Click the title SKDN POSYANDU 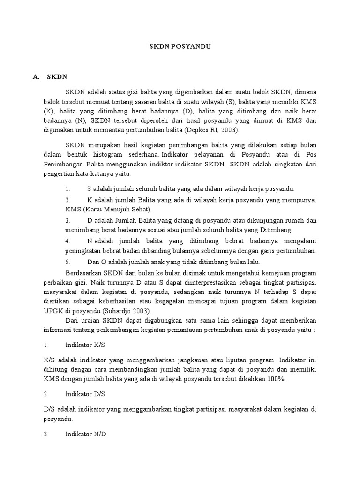click(180, 47)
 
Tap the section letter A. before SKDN click(36, 77)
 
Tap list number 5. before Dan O click(68, 262)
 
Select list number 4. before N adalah click(68, 240)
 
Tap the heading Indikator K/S click(85, 345)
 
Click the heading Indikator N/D click(86, 434)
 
